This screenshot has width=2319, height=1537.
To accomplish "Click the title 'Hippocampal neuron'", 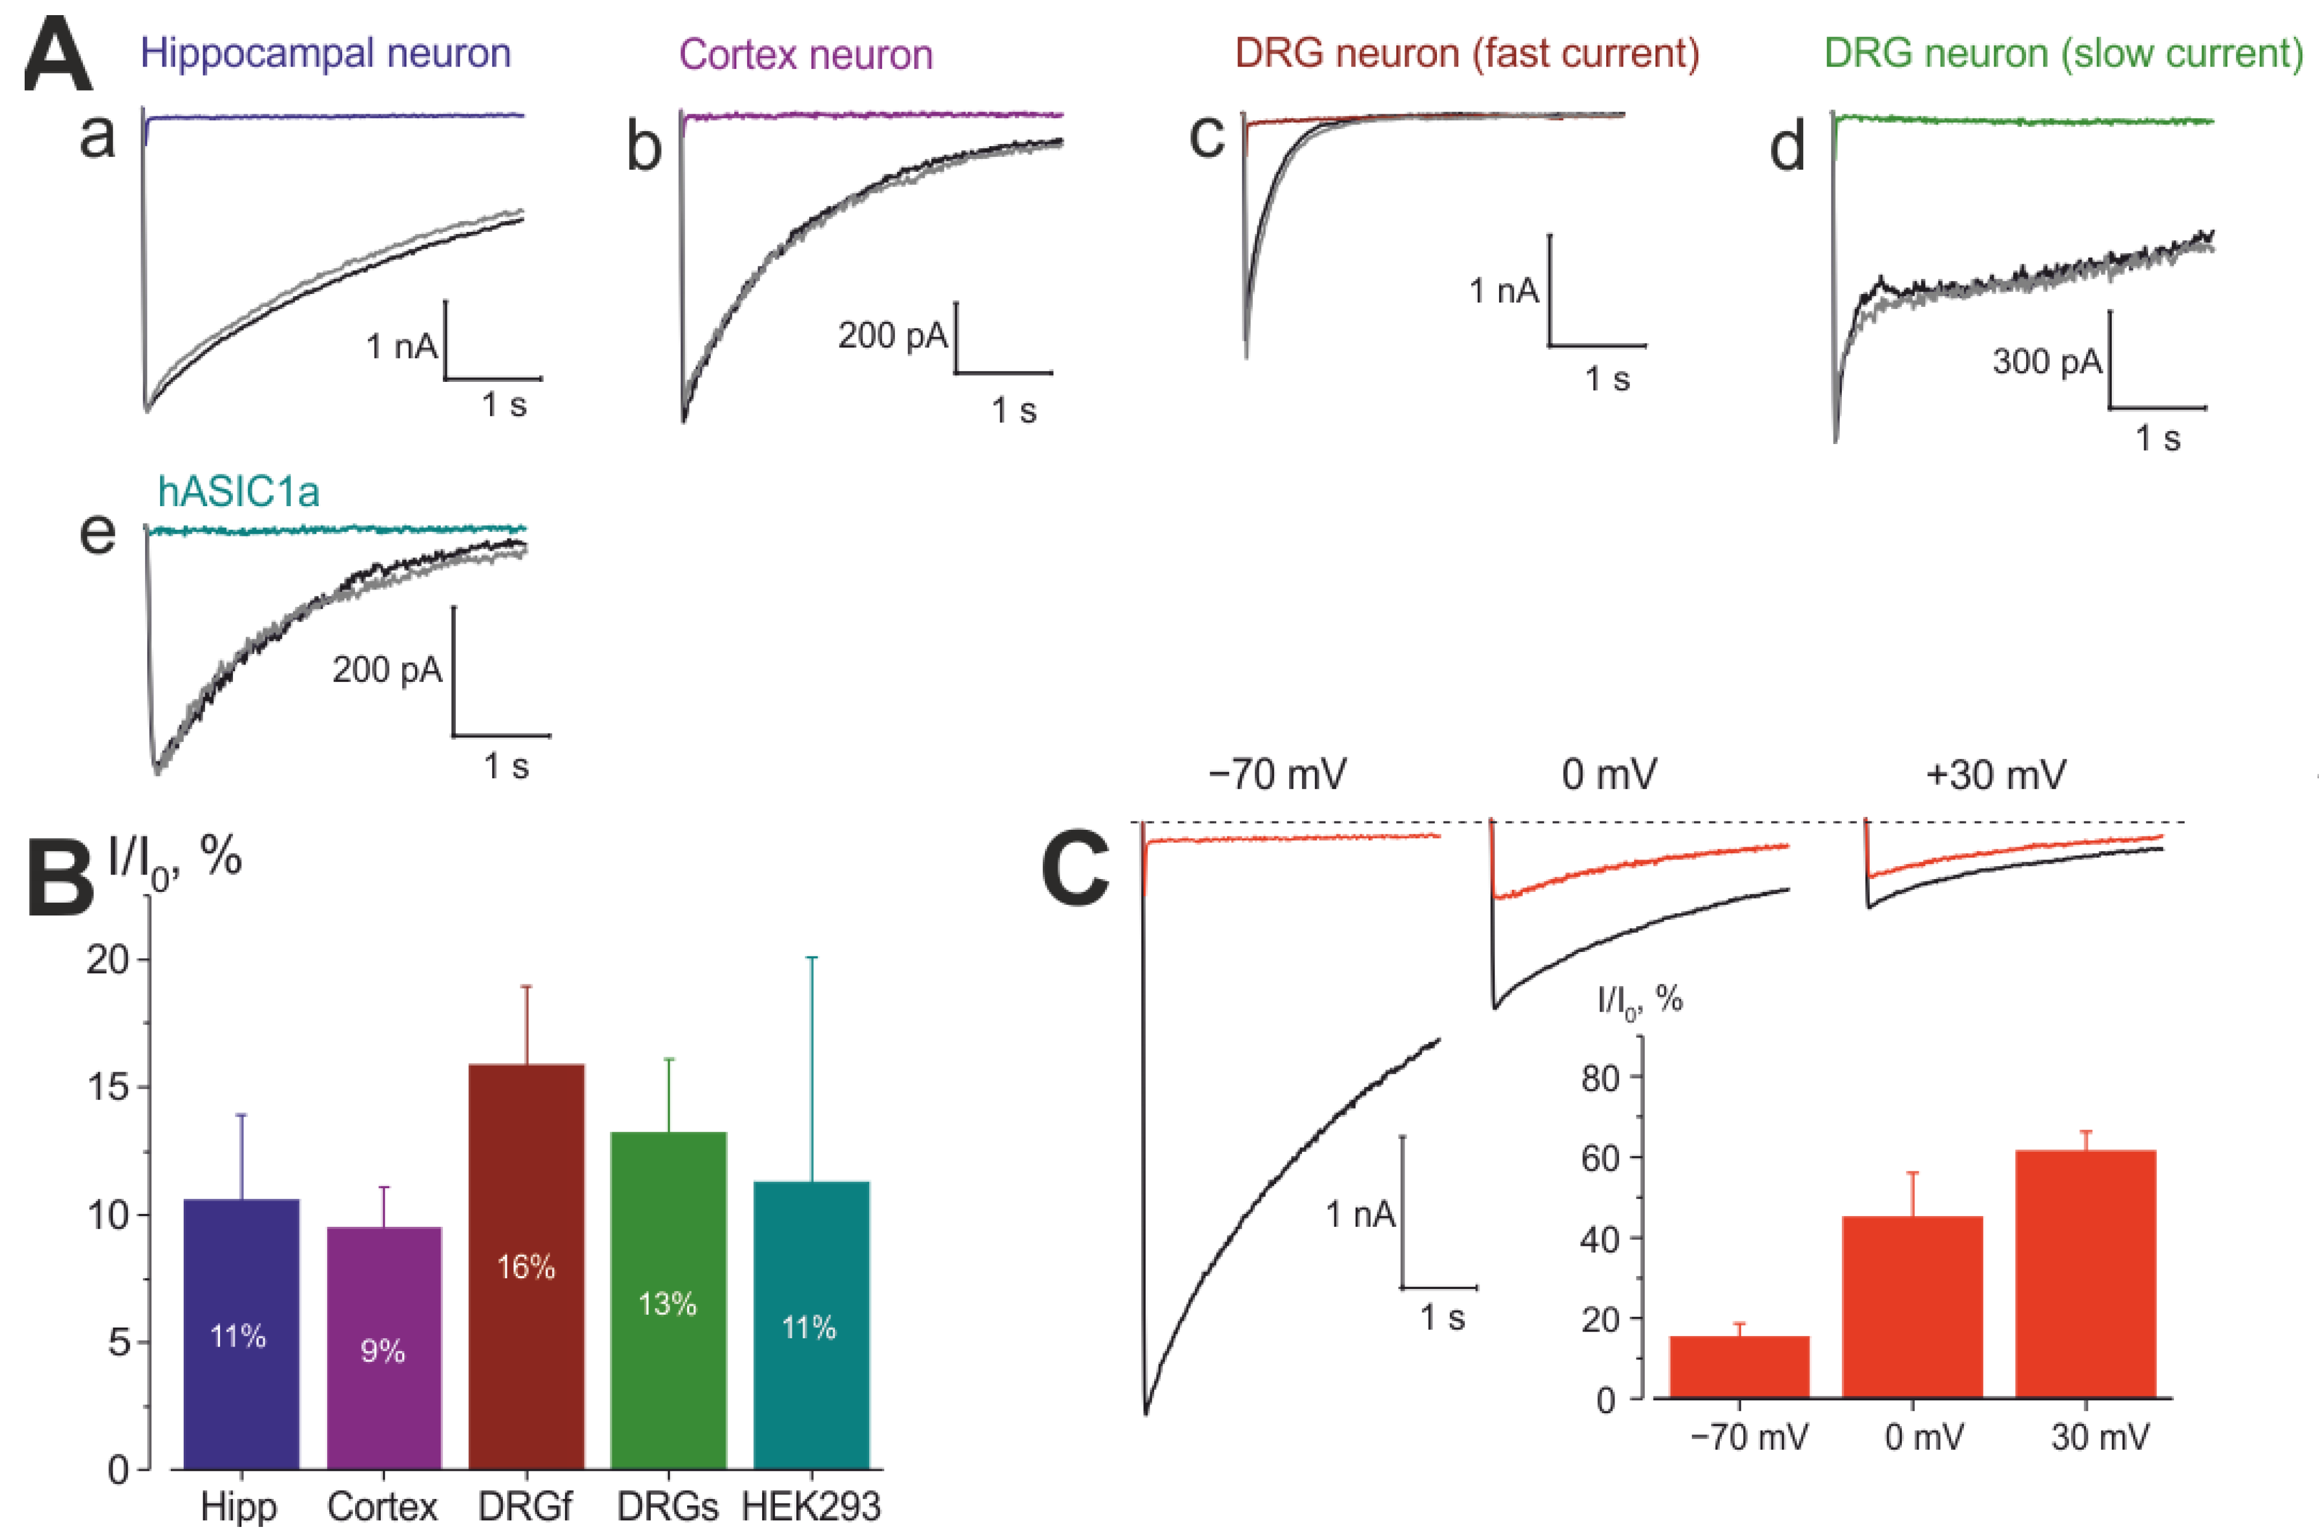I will coord(325,53).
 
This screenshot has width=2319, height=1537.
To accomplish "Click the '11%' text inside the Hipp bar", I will coord(238,1336).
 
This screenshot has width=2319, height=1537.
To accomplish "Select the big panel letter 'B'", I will coord(59,875).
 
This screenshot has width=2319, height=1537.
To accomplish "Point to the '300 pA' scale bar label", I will coord(2046,362).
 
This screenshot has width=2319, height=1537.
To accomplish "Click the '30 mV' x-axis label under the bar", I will coord(2099,1437).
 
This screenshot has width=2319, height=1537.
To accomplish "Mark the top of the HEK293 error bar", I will coord(811,957).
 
